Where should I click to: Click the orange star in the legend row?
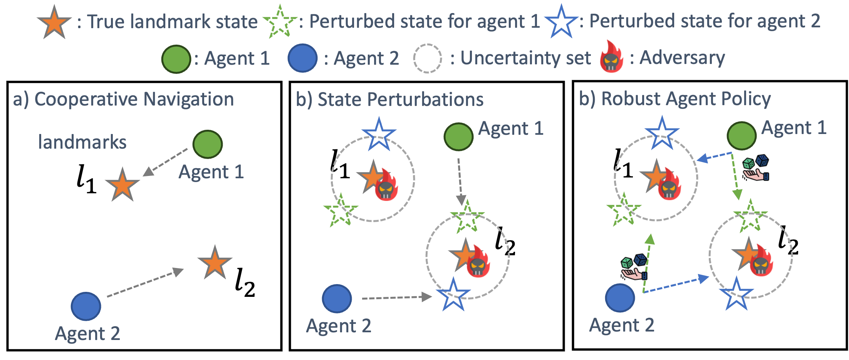pyautogui.click(x=54, y=22)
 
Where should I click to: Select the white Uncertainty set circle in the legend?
pyautogui.click(x=427, y=59)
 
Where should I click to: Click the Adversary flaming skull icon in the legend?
pyautogui.click(x=611, y=57)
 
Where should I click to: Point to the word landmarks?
pyautogui.click(x=82, y=142)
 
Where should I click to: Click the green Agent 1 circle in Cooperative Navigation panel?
pyautogui.click(x=208, y=144)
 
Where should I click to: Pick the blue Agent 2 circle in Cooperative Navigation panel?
pyautogui.click(x=86, y=306)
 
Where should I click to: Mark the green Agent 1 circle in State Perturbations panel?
pyautogui.click(x=458, y=137)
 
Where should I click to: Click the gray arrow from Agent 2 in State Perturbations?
pyautogui.click(x=397, y=297)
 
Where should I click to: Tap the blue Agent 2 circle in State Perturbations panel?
pyautogui.click(x=337, y=299)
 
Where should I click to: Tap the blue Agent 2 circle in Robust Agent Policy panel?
pyautogui.click(x=620, y=298)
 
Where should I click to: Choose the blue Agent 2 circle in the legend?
pyautogui.click(x=302, y=59)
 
